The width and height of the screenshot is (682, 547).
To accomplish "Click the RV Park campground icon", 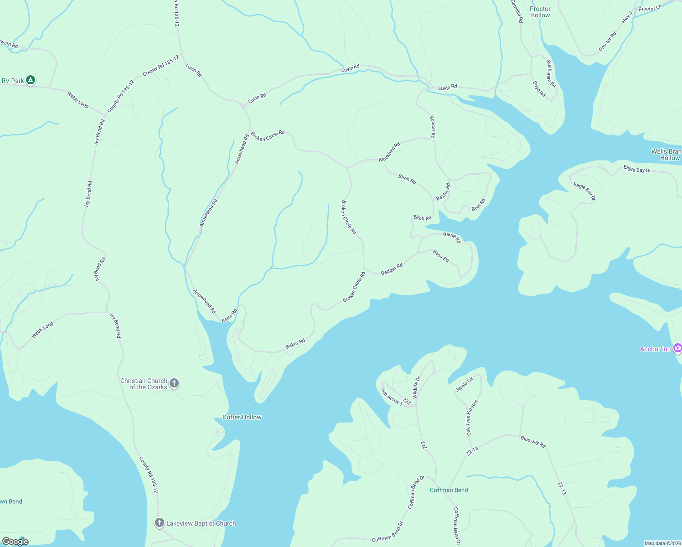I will coord(30,80).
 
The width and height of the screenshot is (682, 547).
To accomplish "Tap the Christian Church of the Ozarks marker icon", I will coord(174,383).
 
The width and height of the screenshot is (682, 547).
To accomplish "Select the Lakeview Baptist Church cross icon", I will coord(159,523).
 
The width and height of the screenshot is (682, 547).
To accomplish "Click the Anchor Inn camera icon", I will coord(677,348).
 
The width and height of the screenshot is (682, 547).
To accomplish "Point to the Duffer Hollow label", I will coord(242,417).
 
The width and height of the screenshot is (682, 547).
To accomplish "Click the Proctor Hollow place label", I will coord(540,12).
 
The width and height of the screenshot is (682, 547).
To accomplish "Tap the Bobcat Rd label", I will coord(433,127).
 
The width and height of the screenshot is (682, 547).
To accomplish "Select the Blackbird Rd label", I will coord(389,152).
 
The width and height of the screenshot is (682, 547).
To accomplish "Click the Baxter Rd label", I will coord(443,192).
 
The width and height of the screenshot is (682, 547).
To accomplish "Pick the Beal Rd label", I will coord(479,205).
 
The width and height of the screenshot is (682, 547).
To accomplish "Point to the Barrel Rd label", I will coord(452,237).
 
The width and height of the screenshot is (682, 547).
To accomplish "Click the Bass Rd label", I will coord(441,256).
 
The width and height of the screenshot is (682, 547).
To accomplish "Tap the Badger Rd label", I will coord(392,269).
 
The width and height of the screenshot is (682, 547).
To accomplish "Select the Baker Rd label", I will coord(295,344).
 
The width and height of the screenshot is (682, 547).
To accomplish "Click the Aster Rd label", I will coord(229,315).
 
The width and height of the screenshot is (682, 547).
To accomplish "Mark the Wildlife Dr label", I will coord(416,387).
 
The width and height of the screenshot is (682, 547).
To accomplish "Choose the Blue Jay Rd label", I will coord(533,442).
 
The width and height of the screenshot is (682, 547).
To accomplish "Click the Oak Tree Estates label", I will coord(472,418).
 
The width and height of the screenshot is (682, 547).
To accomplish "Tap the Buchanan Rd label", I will coord(551,74).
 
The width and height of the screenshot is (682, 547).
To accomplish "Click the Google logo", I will coord(15,541).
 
